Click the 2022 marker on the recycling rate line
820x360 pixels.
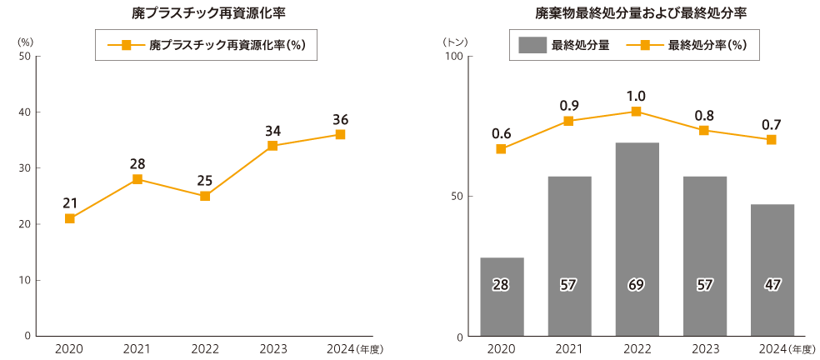click(205, 196)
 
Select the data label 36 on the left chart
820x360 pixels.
click(340, 119)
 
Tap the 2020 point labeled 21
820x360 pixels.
click(70, 218)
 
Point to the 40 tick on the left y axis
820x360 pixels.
click(24, 112)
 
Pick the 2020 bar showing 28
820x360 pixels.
click(502, 297)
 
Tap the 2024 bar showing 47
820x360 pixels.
click(772, 270)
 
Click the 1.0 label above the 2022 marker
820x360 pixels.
click(637, 96)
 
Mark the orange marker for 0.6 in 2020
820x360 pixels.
click(501, 149)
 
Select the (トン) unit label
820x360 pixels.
click(456, 41)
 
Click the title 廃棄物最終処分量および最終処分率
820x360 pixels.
click(640, 14)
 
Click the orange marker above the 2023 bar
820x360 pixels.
click(704, 131)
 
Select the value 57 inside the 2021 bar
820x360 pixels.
click(569, 285)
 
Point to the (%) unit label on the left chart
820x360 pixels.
click(25, 41)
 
